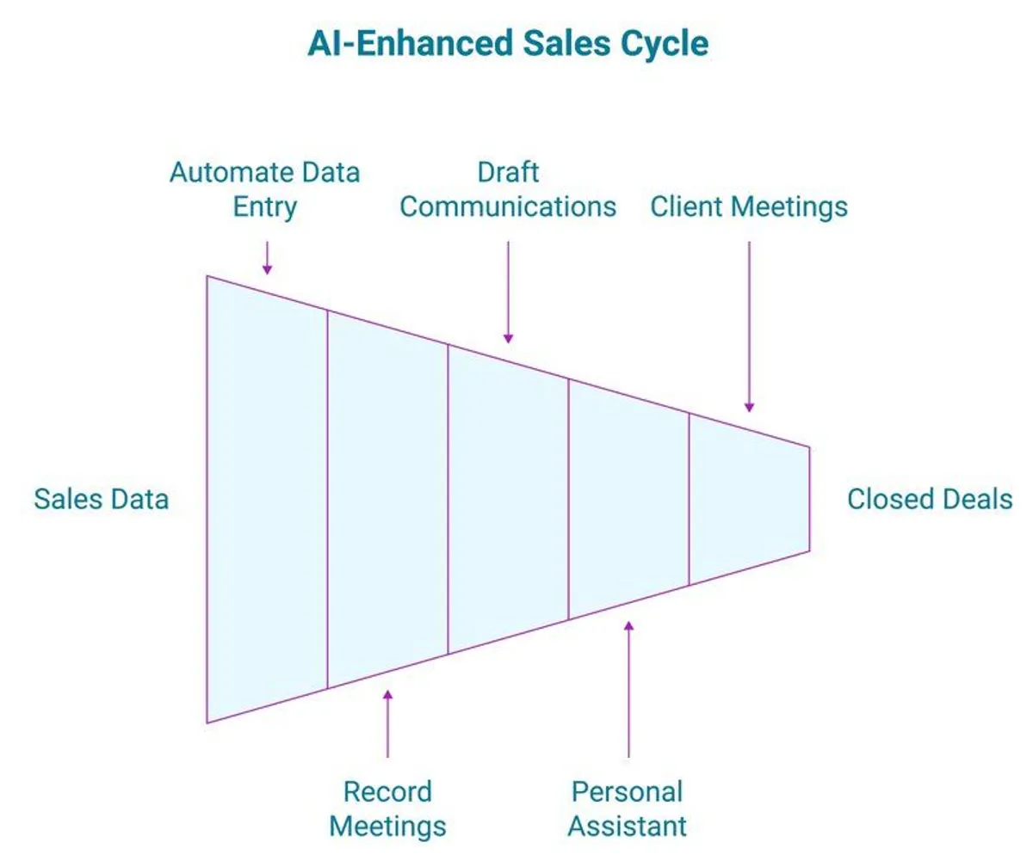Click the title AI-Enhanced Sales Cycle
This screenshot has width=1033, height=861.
(508, 44)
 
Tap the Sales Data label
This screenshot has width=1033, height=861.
(101, 499)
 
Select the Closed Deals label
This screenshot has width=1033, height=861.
(930, 499)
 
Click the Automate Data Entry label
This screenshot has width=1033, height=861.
(264, 189)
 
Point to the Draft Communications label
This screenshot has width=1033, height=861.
(508, 189)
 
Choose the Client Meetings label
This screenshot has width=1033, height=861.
(749, 207)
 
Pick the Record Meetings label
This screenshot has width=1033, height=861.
(387, 809)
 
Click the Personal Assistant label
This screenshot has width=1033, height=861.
(628, 809)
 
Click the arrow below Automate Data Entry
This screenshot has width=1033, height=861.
(267, 257)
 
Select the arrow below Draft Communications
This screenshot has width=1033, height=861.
(508, 292)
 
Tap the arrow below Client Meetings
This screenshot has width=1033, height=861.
(749, 327)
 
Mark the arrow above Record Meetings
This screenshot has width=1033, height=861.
(387, 723)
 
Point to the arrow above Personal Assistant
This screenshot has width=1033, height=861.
(628, 688)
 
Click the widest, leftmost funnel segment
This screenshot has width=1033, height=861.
(267, 499)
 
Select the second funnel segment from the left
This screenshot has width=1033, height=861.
(387, 499)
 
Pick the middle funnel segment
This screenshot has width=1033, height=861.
(508, 499)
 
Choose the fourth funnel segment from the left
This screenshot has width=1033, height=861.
(628, 499)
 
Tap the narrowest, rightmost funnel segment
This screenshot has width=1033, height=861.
(749, 499)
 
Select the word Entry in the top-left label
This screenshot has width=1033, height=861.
(265, 207)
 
